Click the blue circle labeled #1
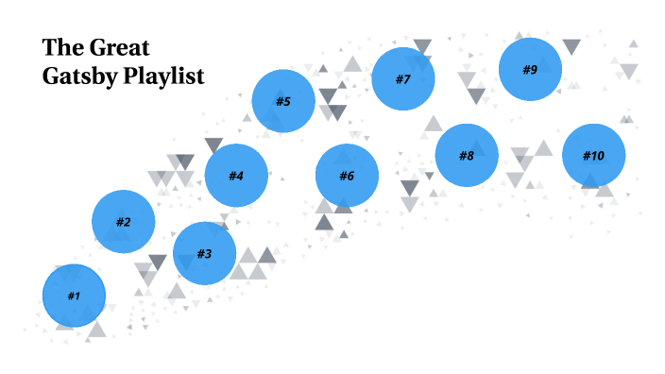(74, 296)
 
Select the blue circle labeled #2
(123, 222)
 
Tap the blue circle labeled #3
(204, 253)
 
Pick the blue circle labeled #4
(236, 176)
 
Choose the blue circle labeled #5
(283, 101)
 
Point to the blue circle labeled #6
(347, 176)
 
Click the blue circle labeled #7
(402, 78)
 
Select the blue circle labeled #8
(467, 155)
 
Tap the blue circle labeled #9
(530, 69)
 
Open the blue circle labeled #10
(593, 155)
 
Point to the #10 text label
(593, 155)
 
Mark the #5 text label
(283, 101)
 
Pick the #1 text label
(74, 296)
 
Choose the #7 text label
(402, 78)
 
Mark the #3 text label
(204, 253)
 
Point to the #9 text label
(530, 69)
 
